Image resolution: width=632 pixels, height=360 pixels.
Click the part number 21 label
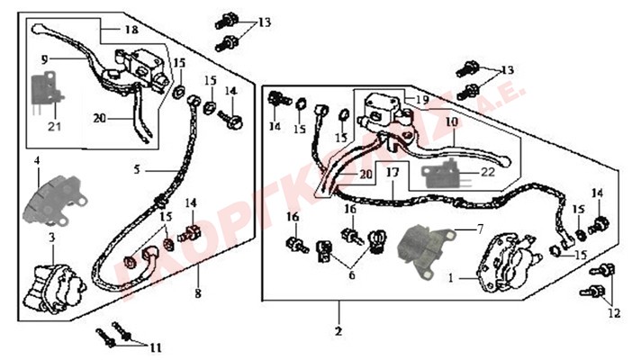tap(55, 126)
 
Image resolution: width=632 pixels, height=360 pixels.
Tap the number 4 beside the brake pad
tap(37, 161)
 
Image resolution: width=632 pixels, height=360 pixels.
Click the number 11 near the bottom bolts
tap(157, 346)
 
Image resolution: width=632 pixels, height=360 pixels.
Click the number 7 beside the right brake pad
tap(480, 229)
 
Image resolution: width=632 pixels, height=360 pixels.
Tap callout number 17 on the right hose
tap(392, 171)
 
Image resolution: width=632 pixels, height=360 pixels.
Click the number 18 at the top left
tap(131, 30)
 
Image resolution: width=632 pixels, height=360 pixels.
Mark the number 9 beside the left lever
tap(43, 59)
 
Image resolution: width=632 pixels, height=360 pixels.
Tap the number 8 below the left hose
tap(197, 292)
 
